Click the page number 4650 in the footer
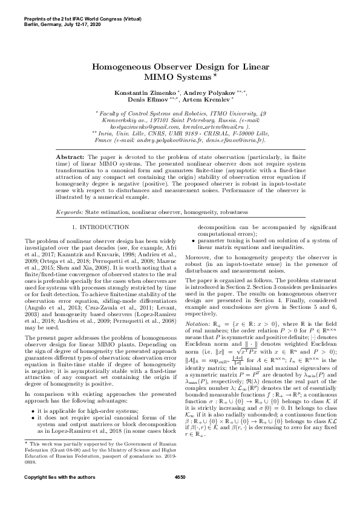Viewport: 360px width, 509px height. (x=180, y=494)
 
